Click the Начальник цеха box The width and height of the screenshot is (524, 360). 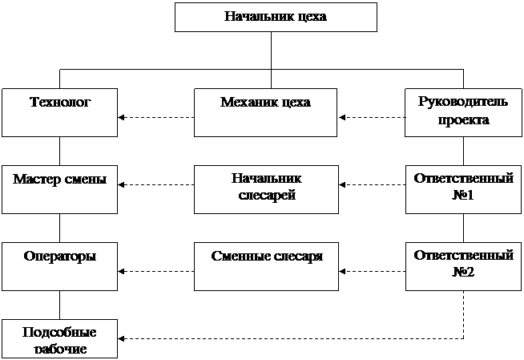coord(276,17)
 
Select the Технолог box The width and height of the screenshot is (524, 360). coord(59,112)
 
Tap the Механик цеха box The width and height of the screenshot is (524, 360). coord(265,112)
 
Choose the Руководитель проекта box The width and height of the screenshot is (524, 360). coord(463,112)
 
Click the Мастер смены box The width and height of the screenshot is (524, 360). coord(59,189)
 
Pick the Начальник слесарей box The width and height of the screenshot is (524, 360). coord(265,189)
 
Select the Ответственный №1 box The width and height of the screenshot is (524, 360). coord(463,189)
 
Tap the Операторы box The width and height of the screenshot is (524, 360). coord(59,266)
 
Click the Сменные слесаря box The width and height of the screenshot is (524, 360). coord(265,266)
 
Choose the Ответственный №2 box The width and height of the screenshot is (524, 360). coord(463,266)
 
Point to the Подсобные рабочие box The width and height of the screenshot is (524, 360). coord(59,338)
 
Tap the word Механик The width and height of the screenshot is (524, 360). coord(244,103)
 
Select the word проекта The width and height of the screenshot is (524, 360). coord(463,120)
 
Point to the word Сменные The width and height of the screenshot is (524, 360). coord(238,257)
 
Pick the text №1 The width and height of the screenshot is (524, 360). coord(463,195)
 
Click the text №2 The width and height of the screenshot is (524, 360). coord(463,272)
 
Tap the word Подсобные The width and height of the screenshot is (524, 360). coord(59,332)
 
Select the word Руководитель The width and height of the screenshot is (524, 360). coord(463,102)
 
